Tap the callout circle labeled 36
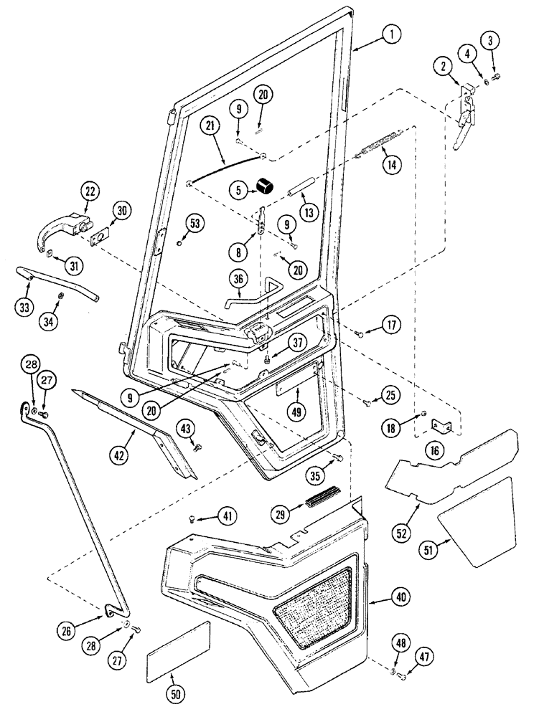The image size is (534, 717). (239, 279)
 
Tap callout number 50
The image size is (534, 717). (173, 695)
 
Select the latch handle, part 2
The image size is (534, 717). (468, 115)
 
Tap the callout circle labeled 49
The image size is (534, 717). (296, 412)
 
